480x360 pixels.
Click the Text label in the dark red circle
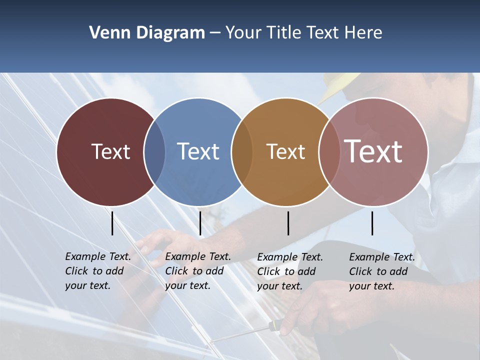[110, 151]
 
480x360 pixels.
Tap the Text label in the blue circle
[198, 151]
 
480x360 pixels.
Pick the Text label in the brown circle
[285, 151]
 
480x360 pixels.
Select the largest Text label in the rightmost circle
[373, 151]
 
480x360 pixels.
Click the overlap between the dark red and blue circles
[154, 151]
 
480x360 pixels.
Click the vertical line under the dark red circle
[112, 223]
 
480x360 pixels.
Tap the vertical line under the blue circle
[200, 223]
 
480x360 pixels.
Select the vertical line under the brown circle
[288, 223]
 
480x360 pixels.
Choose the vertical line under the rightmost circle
[372, 223]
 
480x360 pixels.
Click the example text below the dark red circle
[98, 271]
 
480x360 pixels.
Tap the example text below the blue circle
[198, 271]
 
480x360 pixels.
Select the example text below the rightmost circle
[382, 271]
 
